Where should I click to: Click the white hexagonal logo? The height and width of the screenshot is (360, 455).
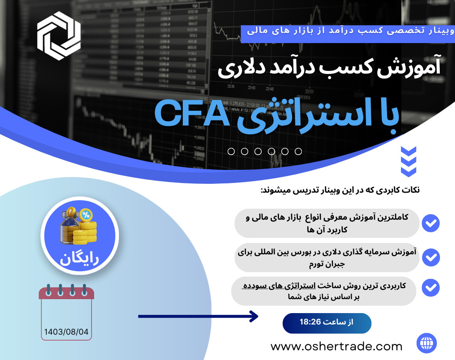pyautogui.click(x=59, y=35)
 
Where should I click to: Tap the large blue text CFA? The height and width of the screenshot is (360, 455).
pyautogui.click(x=192, y=113)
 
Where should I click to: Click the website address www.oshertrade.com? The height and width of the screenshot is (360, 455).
pyautogui.click(x=336, y=346)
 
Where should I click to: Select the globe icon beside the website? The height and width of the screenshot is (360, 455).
pyautogui.click(x=426, y=343)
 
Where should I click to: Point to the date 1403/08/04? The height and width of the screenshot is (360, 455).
pyautogui.click(x=66, y=332)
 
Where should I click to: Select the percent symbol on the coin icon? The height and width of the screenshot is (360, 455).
pyautogui.click(x=86, y=215)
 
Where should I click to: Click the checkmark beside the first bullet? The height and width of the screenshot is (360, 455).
pyautogui.click(x=431, y=223)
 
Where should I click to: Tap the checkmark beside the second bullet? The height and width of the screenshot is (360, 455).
pyautogui.click(x=431, y=257)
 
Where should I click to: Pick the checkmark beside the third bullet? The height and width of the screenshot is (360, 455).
pyautogui.click(x=431, y=288)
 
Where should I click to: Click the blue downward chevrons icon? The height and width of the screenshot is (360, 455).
pyautogui.click(x=408, y=161)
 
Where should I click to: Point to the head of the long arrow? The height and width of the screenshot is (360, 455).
pyautogui.click(x=254, y=316)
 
